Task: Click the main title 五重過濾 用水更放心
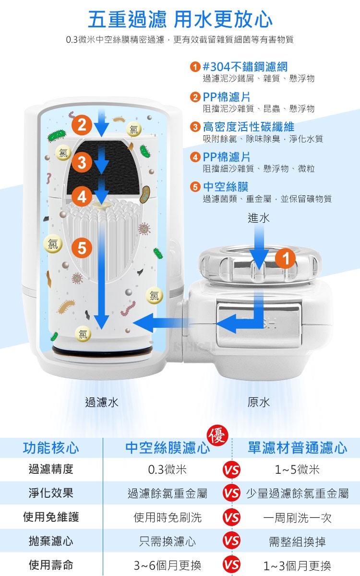[180, 19]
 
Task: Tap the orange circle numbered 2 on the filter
[82, 125]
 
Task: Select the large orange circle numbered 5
[82, 248]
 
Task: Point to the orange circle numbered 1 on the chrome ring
[286, 258]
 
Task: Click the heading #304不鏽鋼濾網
[245, 67]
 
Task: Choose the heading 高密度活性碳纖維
[249, 127]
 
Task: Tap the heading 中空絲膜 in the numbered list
[226, 187]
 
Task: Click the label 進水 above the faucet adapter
[258, 218]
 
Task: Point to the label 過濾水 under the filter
[102, 402]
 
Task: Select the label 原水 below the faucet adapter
[258, 402]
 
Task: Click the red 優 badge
[217, 435]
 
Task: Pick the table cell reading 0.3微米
[167, 469]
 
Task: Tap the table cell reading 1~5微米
[297, 469]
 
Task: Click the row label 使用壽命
[51, 565]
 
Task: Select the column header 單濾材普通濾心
[297, 448]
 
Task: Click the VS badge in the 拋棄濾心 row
[231, 541]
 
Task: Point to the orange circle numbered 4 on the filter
[82, 197]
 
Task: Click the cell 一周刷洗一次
[297, 517]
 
